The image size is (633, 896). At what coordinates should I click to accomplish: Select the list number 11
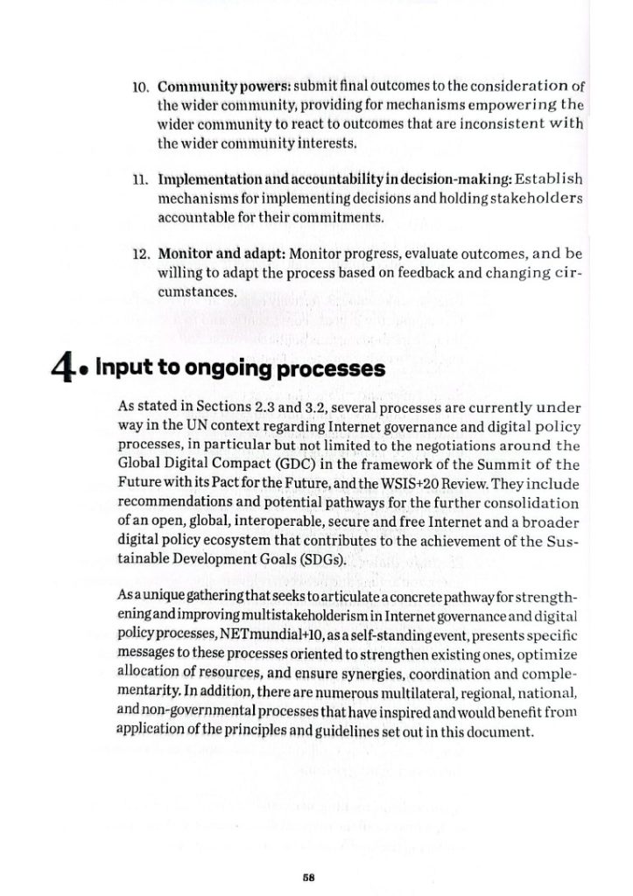[143, 180]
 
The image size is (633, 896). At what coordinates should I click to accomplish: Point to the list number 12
[143, 255]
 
